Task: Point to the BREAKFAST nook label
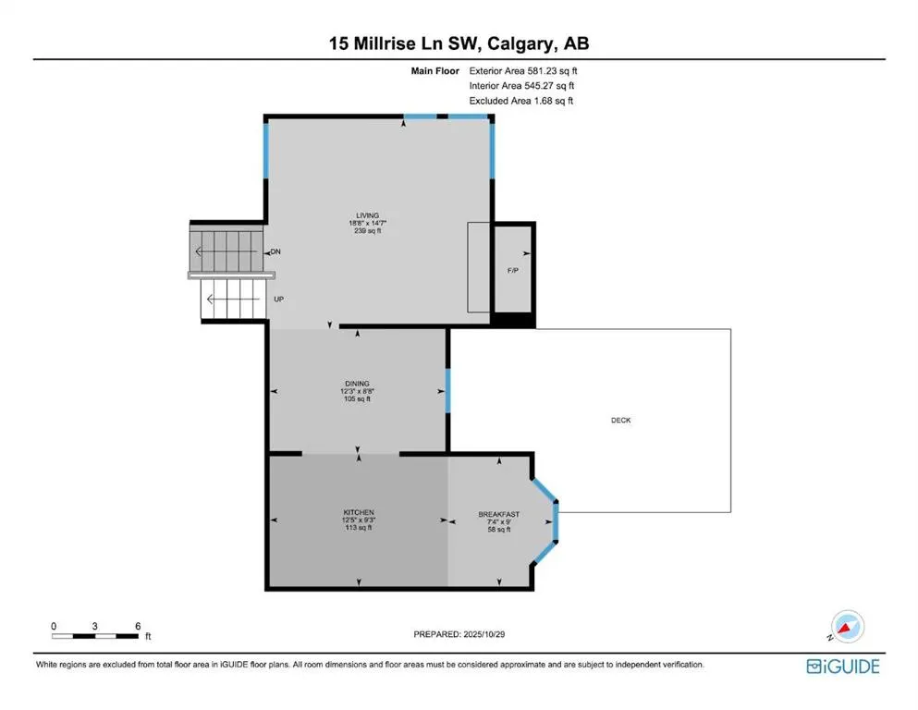tap(498, 514)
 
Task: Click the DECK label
tap(621, 420)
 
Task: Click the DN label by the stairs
tap(275, 251)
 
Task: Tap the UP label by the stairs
tap(278, 300)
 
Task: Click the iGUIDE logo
tap(842, 667)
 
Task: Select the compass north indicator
tap(844, 627)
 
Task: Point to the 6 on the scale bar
tap(137, 626)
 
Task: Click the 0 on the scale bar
tap(54, 626)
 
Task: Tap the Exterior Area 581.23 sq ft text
tap(524, 70)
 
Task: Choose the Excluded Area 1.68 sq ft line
tap(521, 101)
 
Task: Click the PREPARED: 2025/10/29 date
tap(459, 634)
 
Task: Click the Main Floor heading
tap(436, 70)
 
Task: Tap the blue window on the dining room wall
tap(448, 390)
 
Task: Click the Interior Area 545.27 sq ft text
tap(522, 86)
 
